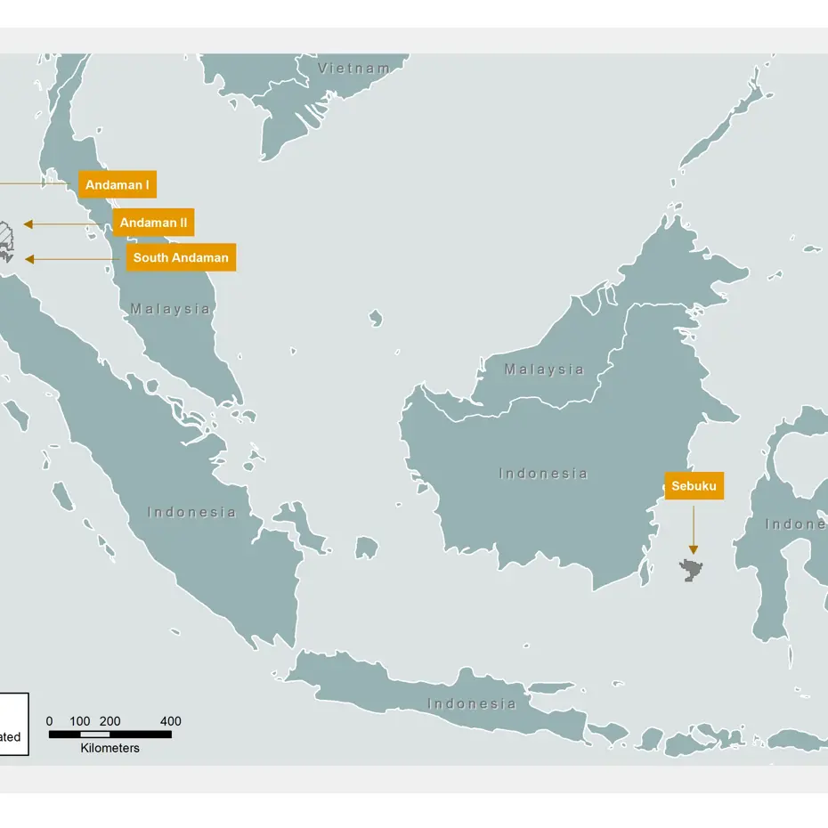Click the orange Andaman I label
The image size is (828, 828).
pos(117,184)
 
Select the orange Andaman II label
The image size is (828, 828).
pos(153,223)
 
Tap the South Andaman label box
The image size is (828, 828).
pos(181,257)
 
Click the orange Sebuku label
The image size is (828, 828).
pos(694,486)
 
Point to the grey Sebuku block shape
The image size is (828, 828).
pos(691,570)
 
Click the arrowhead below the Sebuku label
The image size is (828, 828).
pos(694,549)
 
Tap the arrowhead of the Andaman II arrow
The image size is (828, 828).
pos(28,223)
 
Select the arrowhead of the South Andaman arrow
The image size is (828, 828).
pos(29,259)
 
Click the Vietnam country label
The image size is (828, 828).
pos(354,69)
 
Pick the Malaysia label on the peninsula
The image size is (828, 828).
pos(171,309)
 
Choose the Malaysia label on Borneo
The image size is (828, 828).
pos(544,369)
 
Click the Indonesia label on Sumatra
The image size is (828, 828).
pos(192,512)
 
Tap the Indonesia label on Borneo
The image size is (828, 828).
pos(543,474)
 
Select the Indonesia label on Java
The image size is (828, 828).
pos(472,703)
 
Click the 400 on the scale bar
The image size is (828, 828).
pos(171,721)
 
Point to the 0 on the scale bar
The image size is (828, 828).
pos(49,721)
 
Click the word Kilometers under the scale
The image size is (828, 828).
pos(110,748)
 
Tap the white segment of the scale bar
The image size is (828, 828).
pos(95,735)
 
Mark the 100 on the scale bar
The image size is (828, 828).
pos(80,721)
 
